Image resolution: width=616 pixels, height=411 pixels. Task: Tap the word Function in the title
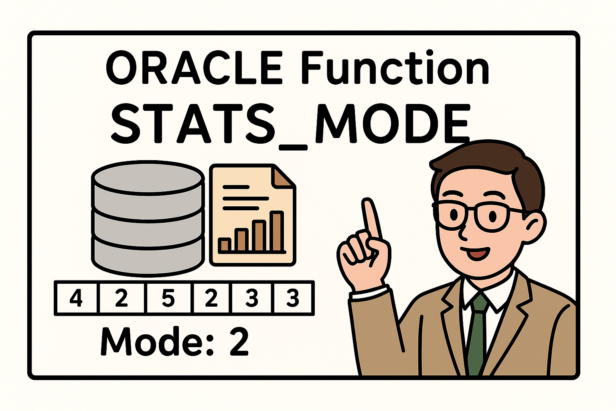395,68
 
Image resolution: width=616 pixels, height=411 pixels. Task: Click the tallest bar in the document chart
277,232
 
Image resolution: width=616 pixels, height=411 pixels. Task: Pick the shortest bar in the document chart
225,245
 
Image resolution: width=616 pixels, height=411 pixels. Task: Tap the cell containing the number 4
76,298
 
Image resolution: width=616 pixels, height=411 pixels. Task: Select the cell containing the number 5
168,298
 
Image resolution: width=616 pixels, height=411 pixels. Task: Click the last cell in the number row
293,298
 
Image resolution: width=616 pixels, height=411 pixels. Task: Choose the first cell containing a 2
122,298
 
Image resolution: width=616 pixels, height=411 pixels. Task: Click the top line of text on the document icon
236,187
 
